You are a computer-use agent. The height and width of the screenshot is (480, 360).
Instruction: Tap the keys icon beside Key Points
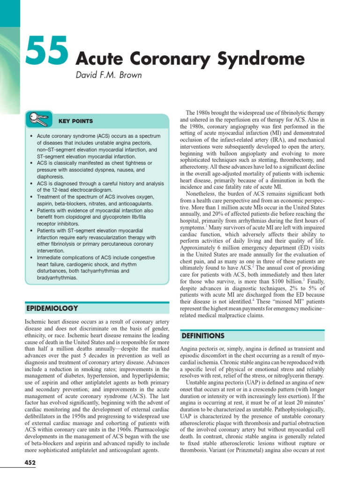coord(37,120)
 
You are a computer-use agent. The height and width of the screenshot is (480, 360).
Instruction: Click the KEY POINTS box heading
coord(75,121)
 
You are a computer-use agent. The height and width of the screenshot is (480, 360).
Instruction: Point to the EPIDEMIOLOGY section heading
coord(51,308)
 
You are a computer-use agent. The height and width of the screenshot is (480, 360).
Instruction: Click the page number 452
coord(30,463)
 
